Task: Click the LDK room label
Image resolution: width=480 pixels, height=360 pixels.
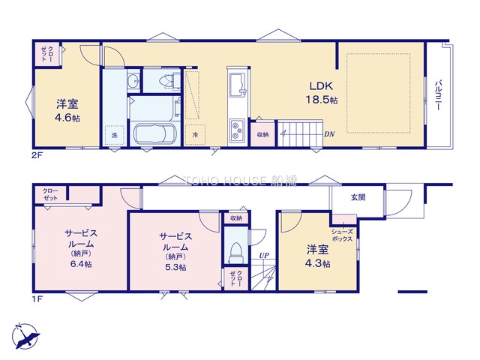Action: click(321, 86)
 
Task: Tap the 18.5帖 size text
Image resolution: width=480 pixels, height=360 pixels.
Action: click(322, 100)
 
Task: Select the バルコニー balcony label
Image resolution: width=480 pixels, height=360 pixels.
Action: click(438, 94)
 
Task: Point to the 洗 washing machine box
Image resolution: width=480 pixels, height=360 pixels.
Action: click(115, 135)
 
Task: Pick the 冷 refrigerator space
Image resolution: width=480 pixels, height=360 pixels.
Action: click(195, 135)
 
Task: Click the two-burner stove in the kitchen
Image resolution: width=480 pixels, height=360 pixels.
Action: click(237, 130)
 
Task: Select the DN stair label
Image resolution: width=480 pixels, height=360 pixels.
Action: click(329, 134)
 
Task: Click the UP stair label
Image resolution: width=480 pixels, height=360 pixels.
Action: click(264, 255)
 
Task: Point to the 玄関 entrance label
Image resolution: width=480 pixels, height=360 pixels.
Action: click(358, 197)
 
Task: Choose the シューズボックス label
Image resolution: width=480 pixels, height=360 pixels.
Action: click(342, 235)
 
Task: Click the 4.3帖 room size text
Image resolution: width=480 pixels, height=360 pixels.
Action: click(318, 263)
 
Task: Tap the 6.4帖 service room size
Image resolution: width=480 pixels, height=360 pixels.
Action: click(81, 264)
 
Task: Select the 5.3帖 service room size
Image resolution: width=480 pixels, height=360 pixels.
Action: click(175, 267)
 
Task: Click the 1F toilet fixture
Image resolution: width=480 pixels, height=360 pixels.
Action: click(236, 253)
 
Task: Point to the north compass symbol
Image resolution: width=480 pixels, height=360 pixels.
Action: click(25, 336)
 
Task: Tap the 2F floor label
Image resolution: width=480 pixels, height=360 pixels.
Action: click(37, 155)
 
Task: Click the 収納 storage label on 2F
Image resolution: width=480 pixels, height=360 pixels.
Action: click(262, 135)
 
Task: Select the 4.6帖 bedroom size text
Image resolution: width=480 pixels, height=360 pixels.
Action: click(67, 118)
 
